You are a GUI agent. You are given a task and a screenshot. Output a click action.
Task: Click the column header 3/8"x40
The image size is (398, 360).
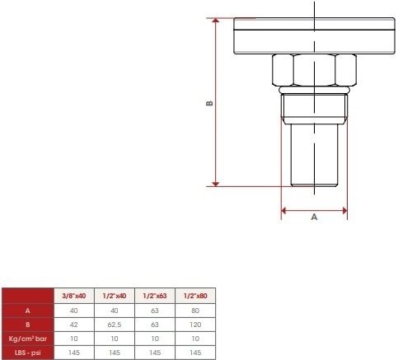click(74, 296)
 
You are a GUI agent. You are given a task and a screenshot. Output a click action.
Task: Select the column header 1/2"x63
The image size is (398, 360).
click(155, 296)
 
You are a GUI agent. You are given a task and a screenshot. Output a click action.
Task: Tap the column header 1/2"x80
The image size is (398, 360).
click(195, 296)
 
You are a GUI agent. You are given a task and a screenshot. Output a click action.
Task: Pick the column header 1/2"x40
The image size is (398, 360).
click(115, 296)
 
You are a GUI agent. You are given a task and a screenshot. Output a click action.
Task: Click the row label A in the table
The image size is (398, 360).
click(28, 311)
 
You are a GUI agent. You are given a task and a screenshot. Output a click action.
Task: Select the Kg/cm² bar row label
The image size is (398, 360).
click(28, 339)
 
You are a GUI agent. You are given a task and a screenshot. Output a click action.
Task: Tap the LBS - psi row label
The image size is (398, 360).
click(28, 353)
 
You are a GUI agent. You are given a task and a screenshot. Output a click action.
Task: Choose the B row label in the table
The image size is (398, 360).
click(28, 325)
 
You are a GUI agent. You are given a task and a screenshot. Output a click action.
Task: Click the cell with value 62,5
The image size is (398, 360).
click(115, 325)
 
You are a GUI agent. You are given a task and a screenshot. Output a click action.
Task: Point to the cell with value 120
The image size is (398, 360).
click(195, 325)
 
